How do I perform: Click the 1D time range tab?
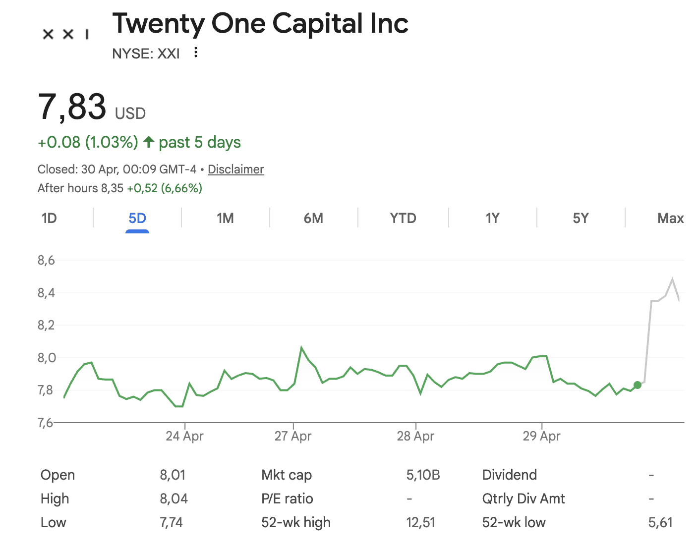pyautogui.click(x=49, y=219)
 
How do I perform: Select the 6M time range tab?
pyautogui.click(x=313, y=219)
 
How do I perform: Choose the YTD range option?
pyautogui.click(x=403, y=219)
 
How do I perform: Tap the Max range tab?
pyautogui.click(x=670, y=219)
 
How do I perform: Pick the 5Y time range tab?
pyautogui.click(x=581, y=219)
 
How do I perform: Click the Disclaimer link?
pyautogui.click(x=235, y=169)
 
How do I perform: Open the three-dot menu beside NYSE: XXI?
pyautogui.click(x=196, y=53)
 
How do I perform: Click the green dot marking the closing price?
pyautogui.click(x=638, y=385)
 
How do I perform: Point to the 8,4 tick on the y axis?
pyautogui.click(x=46, y=293)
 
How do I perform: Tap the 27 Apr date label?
pyautogui.click(x=293, y=436)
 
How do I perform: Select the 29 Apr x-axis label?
pyautogui.click(x=541, y=436)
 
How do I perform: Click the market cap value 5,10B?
pyautogui.click(x=423, y=475)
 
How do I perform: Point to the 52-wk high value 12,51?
pyautogui.click(x=420, y=522)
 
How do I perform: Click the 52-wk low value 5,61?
pyautogui.click(x=660, y=522)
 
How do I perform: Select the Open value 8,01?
pyautogui.click(x=173, y=475)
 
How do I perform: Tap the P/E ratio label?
pyautogui.click(x=287, y=498)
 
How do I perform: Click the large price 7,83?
pyautogui.click(x=72, y=107)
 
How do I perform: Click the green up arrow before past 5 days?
pyautogui.click(x=148, y=142)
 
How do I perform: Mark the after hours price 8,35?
pyautogui.click(x=112, y=188)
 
